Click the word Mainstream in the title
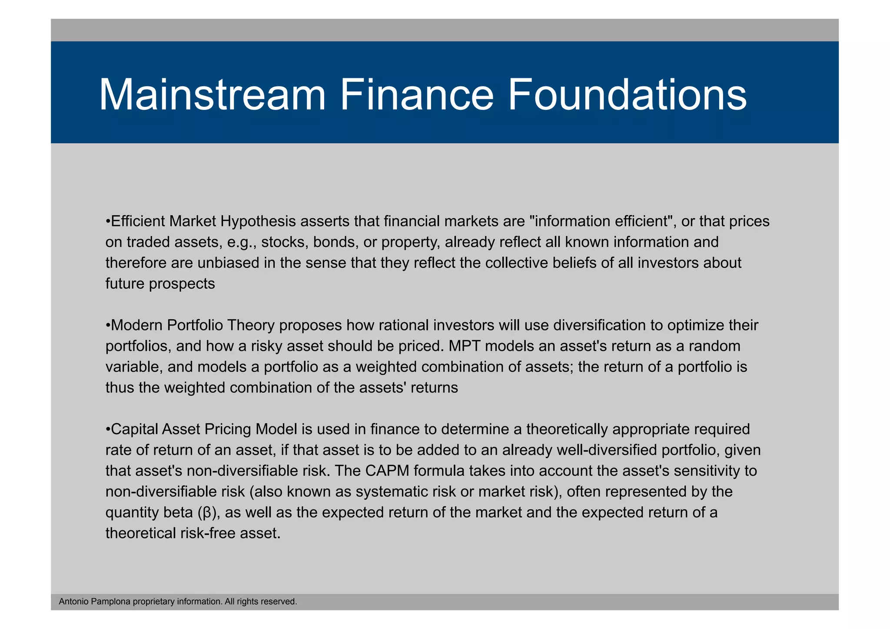(x=212, y=95)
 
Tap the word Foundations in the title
(x=627, y=95)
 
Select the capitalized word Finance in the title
(x=416, y=95)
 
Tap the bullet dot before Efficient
(x=108, y=222)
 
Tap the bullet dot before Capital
(x=108, y=429)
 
